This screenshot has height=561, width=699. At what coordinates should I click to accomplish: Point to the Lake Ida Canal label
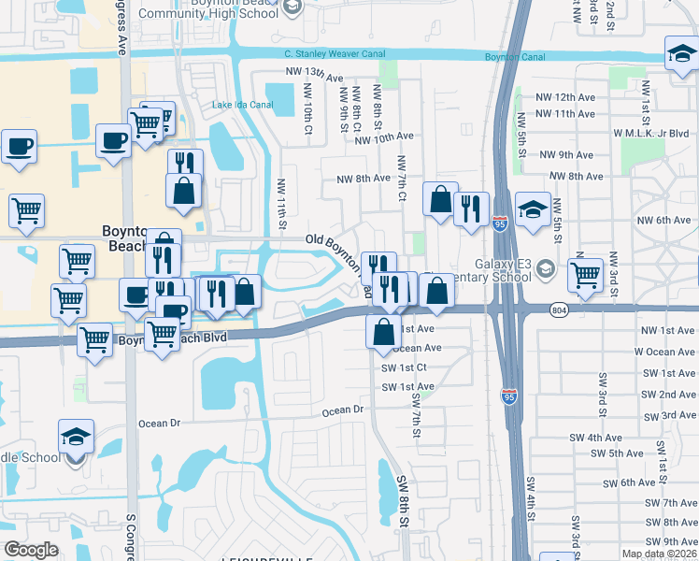click(242, 104)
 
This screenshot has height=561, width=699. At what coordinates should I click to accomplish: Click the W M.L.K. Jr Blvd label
click(651, 134)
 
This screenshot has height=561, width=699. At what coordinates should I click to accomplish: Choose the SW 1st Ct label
click(404, 367)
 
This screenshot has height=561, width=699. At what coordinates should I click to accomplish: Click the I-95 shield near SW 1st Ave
click(509, 396)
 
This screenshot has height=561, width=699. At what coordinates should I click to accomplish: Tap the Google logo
click(31, 550)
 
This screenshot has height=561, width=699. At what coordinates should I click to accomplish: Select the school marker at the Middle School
click(77, 439)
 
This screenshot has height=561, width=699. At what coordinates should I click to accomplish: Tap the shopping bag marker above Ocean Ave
click(383, 332)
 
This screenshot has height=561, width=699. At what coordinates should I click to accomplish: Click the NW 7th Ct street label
click(402, 178)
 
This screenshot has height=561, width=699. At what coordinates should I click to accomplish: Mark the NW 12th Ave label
click(564, 97)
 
